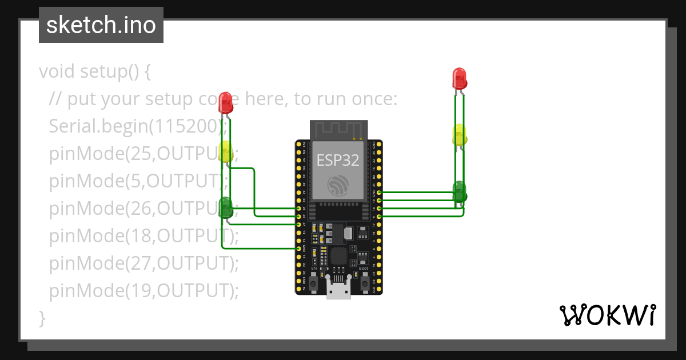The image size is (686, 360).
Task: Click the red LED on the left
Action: pyautogui.click(x=226, y=103)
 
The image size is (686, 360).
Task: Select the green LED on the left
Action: pyautogui.click(x=226, y=207)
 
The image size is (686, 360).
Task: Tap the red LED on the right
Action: pyautogui.click(x=459, y=78)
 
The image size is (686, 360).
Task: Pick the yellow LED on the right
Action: pyautogui.click(x=460, y=135)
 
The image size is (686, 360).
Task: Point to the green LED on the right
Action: pyautogui.click(x=460, y=192)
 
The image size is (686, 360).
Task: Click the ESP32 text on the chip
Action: pyautogui.click(x=338, y=161)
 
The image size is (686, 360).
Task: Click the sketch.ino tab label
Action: pyautogui.click(x=101, y=25)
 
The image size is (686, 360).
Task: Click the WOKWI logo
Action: pyautogui.click(x=607, y=315)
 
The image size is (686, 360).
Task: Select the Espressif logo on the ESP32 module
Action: pyautogui.click(x=338, y=186)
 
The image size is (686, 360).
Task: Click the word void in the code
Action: pyautogui.click(x=57, y=72)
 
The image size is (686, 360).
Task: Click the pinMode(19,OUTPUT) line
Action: pyautogui.click(x=143, y=291)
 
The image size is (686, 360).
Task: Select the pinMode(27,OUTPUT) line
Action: pyautogui.click(x=143, y=263)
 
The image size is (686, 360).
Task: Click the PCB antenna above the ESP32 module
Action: pyautogui.click(x=337, y=130)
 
